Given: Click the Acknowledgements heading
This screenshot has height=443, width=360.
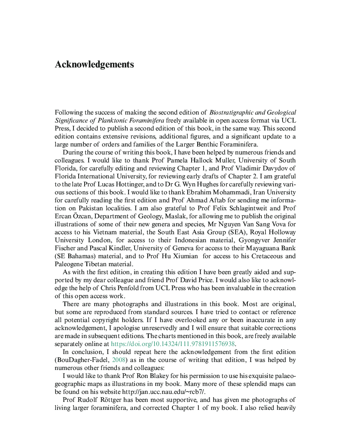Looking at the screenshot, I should coord(94,65).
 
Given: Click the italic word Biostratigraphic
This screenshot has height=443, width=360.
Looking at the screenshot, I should coord(232,113).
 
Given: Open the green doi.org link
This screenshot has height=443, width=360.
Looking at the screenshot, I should coord(172,344).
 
